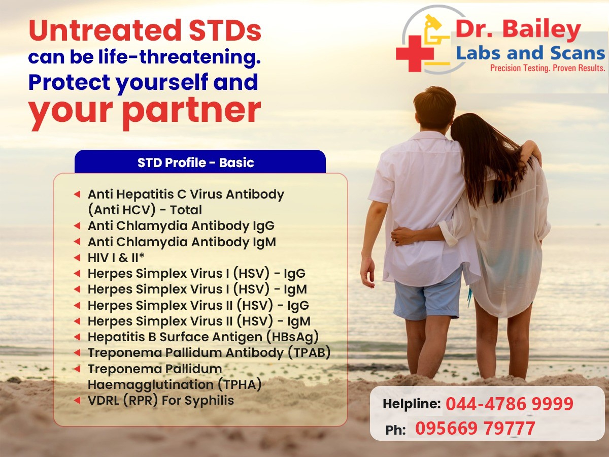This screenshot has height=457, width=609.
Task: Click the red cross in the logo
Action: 415,53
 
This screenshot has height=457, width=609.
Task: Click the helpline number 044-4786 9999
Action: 510,404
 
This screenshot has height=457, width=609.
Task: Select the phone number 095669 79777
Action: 475,428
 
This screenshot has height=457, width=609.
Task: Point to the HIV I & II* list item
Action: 116,258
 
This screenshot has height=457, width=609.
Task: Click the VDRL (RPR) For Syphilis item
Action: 161,401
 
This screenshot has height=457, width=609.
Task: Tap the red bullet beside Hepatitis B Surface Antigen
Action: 77,337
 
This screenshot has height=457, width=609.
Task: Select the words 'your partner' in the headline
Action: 145,112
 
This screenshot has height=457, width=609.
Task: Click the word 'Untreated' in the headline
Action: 105,30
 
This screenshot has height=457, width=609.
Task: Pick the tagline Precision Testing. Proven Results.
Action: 548,68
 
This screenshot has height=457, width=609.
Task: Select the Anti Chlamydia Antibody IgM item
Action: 182,242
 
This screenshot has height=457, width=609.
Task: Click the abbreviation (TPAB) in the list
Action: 309,353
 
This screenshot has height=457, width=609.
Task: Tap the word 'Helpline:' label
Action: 412,404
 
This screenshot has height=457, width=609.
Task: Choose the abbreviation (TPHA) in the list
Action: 240,384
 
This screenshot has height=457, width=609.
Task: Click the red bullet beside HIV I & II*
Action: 77,258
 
